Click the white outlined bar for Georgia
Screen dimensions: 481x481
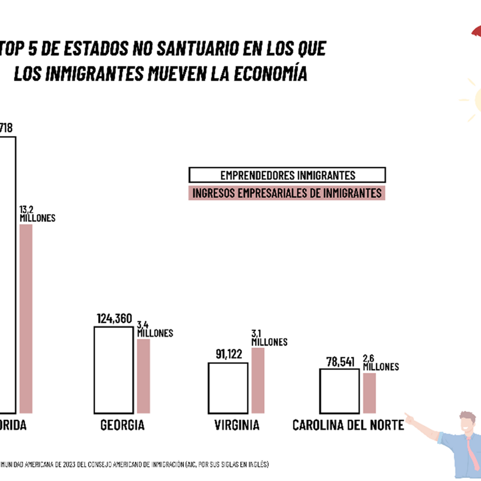[x=114, y=370]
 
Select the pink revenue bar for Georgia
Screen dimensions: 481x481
[x=143, y=376]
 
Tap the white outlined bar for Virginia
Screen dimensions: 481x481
[x=228, y=388]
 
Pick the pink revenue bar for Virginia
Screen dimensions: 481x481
[x=258, y=380]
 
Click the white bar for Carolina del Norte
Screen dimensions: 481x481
[x=339, y=391]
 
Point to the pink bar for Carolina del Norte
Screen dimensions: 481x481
[x=369, y=393]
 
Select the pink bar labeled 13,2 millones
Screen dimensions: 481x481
[x=26, y=319]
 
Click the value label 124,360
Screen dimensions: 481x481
[x=114, y=319]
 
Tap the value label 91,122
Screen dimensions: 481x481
[x=229, y=354]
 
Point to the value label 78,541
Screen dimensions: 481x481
[x=340, y=362]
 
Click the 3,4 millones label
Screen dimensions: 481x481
[x=155, y=329]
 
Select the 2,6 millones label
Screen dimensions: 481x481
[x=381, y=363]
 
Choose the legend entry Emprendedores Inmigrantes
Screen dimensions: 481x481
[x=287, y=175]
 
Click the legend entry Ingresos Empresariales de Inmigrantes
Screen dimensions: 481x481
[x=287, y=193]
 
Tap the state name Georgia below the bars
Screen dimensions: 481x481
[x=122, y=425]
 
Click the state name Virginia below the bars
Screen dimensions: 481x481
[x=237, y=425]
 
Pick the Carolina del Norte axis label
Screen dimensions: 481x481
[x=348, y=425]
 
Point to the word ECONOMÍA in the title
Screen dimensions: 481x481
[x=270, y=74]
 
